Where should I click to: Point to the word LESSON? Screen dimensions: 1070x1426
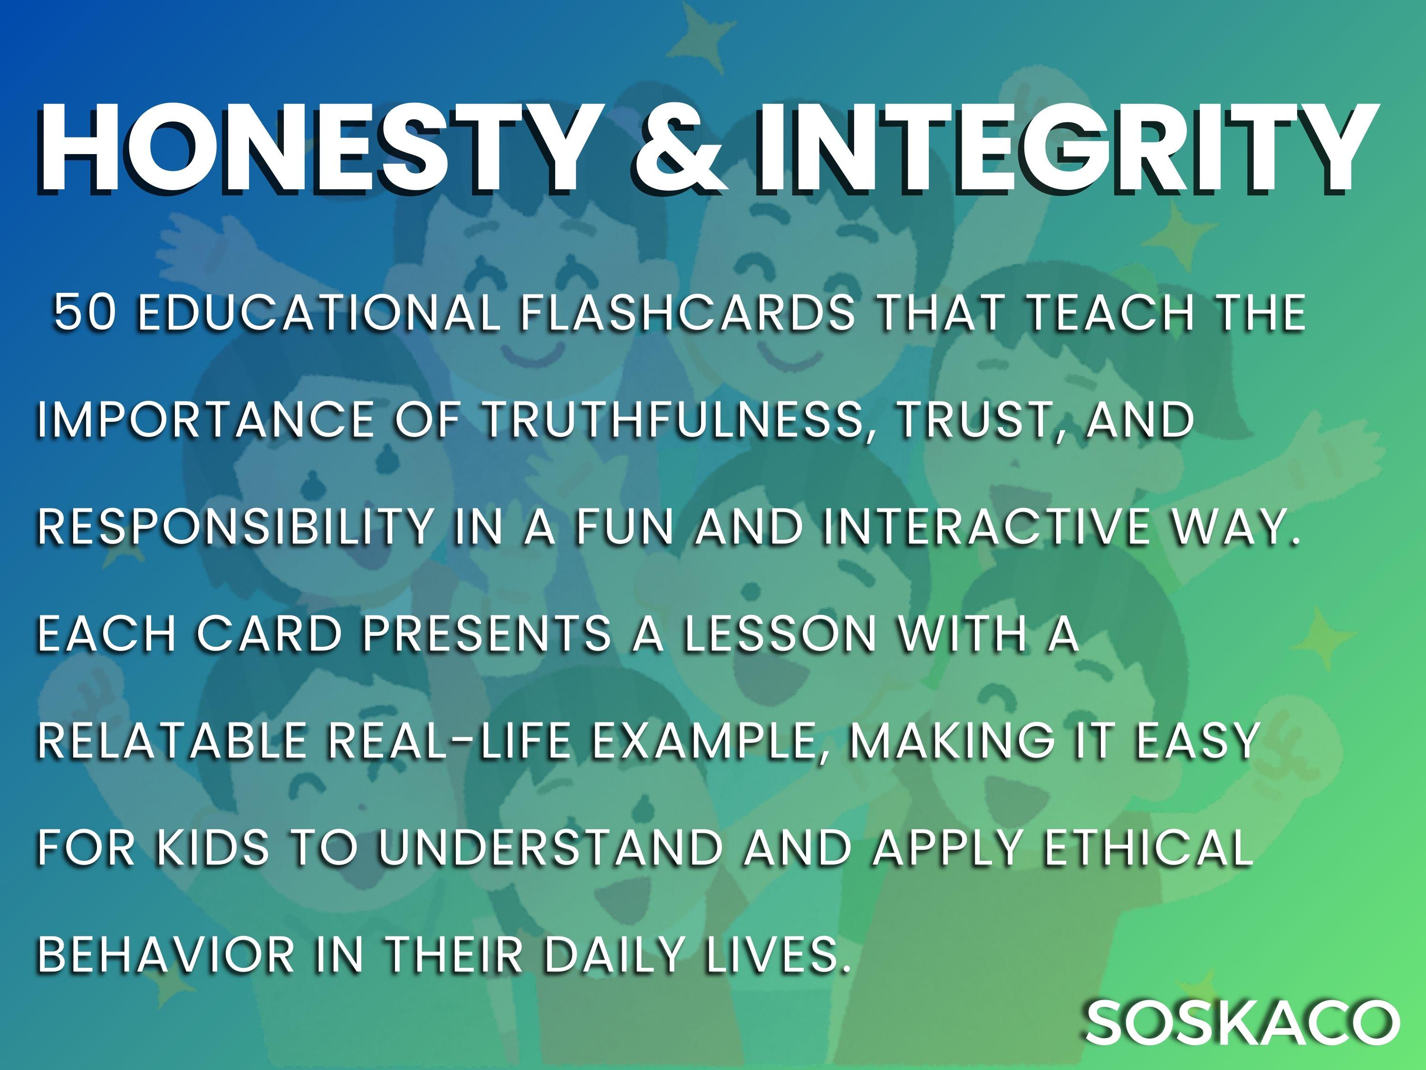[x=780, y=634]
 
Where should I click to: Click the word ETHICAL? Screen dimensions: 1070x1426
[x=1147, y=847]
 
